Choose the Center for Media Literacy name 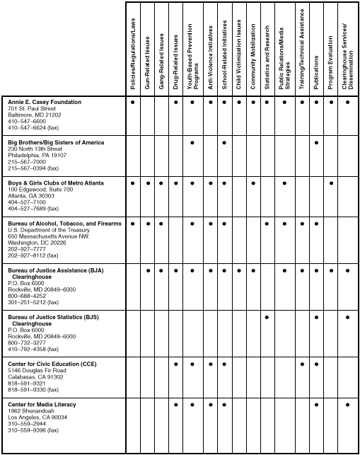pyautogui.click(x=42, y=405)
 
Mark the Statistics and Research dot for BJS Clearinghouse pyautogui.click(x=267, y=317)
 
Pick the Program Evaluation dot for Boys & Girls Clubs pyautogui.click(x=331, y=183)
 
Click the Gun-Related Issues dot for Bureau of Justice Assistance pyautogui.click(x=147, y=270)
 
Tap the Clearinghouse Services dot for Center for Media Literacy pyautogui.click(x=347, y=405)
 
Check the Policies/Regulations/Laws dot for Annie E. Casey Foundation pyautogui.click(x=132, y=103)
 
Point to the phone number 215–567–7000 pyautogui.click(x=26, y=162)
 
